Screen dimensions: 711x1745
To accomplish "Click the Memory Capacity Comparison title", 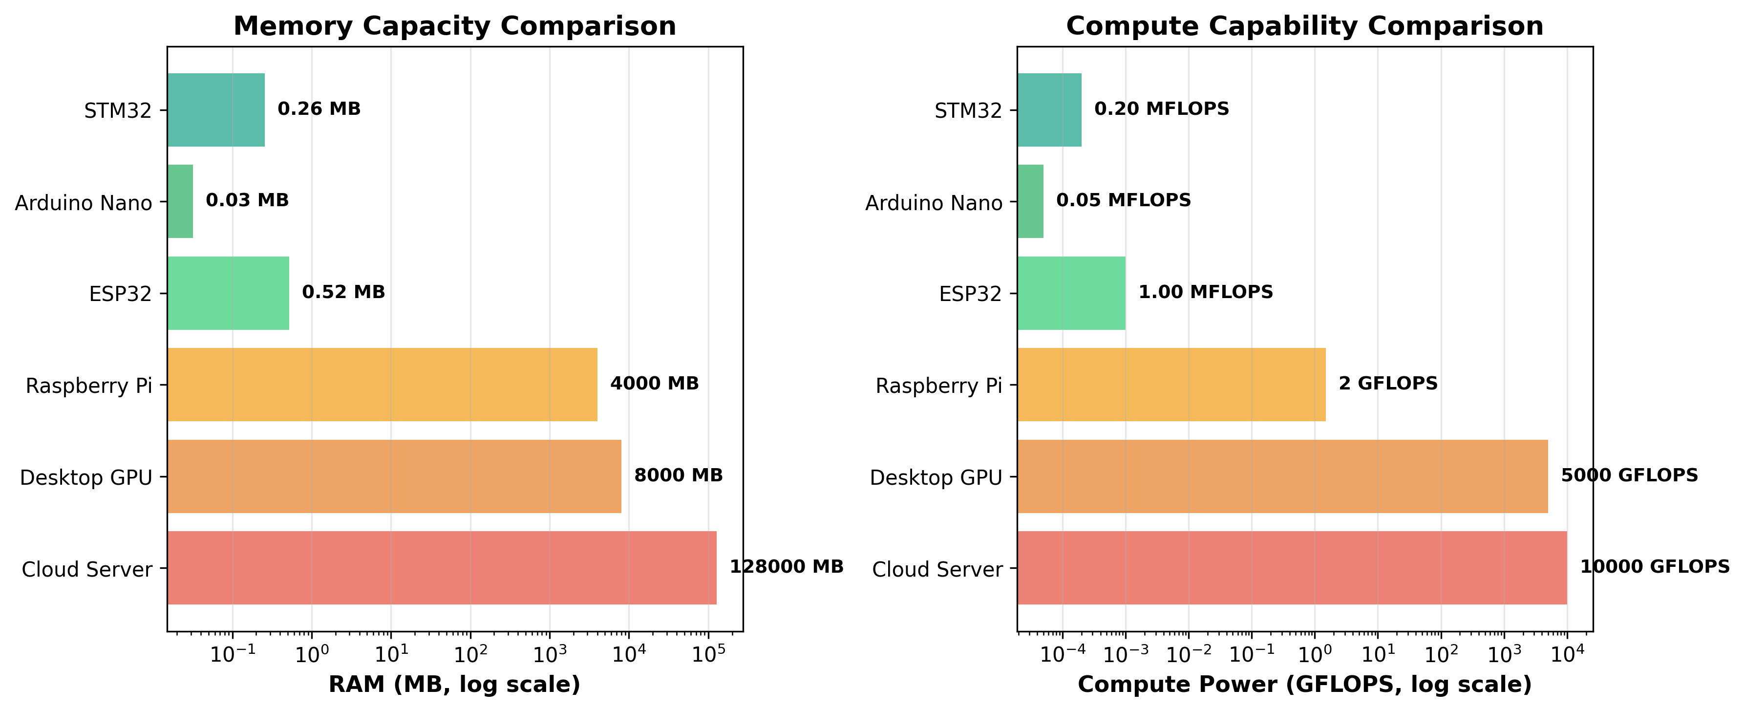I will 454,26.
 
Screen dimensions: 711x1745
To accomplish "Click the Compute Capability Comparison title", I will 1305,26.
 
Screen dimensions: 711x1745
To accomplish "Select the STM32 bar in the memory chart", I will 216,110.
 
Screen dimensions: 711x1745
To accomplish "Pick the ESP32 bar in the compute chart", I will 1071,293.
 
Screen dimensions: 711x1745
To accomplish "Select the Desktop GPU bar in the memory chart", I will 394,476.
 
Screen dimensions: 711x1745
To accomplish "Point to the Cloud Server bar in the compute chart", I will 1292,567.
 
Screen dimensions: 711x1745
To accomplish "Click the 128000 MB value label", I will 787,567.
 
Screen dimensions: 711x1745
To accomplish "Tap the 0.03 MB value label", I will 247,201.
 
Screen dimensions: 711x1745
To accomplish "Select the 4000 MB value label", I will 655,384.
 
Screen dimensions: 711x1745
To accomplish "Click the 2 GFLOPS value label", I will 1388,384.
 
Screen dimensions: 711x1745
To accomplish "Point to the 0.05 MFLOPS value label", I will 1123,201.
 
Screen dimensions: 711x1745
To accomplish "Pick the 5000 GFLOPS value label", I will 1629,475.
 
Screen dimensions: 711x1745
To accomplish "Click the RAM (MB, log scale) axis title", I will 454,685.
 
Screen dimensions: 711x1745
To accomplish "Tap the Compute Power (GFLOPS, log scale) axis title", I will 1305,685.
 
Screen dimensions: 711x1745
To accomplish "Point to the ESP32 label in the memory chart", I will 121,294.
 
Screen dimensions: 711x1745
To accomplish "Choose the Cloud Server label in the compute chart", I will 937,569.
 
